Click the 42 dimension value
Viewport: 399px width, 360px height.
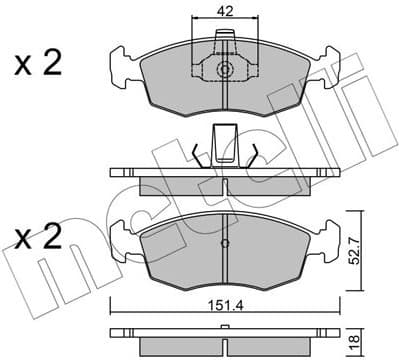tap(224, 13)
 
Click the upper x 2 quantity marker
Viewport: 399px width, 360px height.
tap(38, 65)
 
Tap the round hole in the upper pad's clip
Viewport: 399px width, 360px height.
tap(224, 71)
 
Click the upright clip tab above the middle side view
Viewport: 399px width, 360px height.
tap(224, 141)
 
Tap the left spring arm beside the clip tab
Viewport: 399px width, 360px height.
tap(195, 151)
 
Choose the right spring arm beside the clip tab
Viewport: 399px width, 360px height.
tap(255, 151)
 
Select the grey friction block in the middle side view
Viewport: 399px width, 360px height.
tap(224, 185)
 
